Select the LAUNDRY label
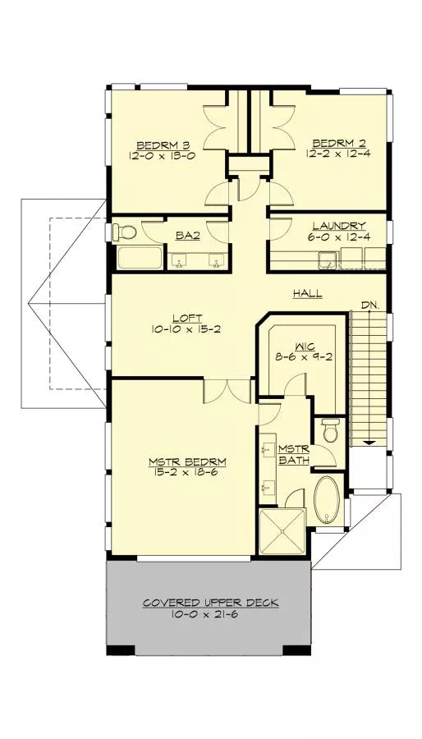point(338,226)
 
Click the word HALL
point(308,294)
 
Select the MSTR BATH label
point(293,454)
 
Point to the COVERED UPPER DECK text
point(211,603)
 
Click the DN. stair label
point(370,305)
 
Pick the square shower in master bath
point(281,531)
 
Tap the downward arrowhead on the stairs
point(369,442)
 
